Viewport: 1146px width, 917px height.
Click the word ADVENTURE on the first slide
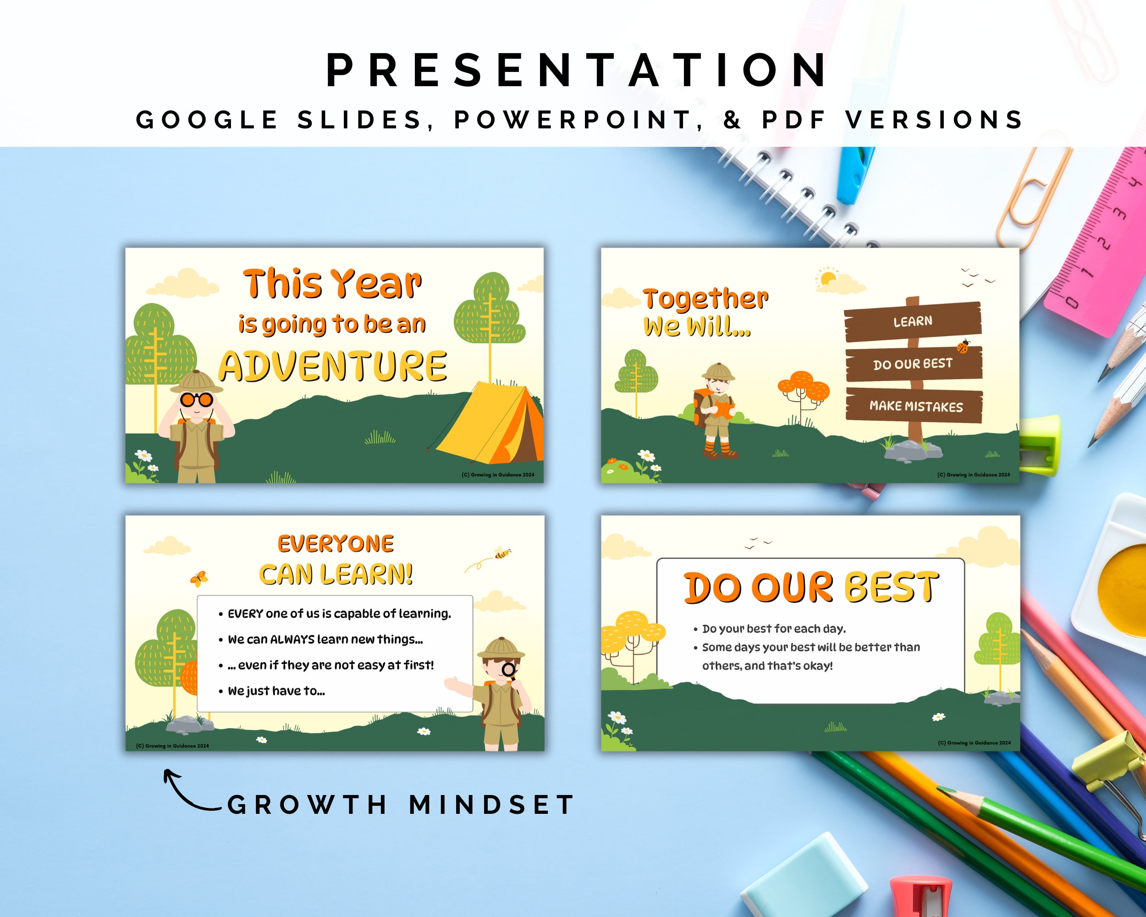click(333, 366)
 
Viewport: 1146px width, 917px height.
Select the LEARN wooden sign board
click(913, 321)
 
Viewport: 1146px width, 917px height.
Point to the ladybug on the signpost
click(963, 347)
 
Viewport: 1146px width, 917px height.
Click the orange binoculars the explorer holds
click(197, 399)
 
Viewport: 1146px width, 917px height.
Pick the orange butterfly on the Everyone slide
click(199, 578)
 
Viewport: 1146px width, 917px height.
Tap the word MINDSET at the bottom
click(492, 805)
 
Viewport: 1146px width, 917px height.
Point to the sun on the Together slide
click(827, 278)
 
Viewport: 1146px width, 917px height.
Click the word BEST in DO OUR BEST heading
click(892, 587)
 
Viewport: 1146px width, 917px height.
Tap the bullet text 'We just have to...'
click(276, 691)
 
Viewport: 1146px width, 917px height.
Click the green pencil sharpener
click(1040, 446)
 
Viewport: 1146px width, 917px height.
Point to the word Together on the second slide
click(705, 300)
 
